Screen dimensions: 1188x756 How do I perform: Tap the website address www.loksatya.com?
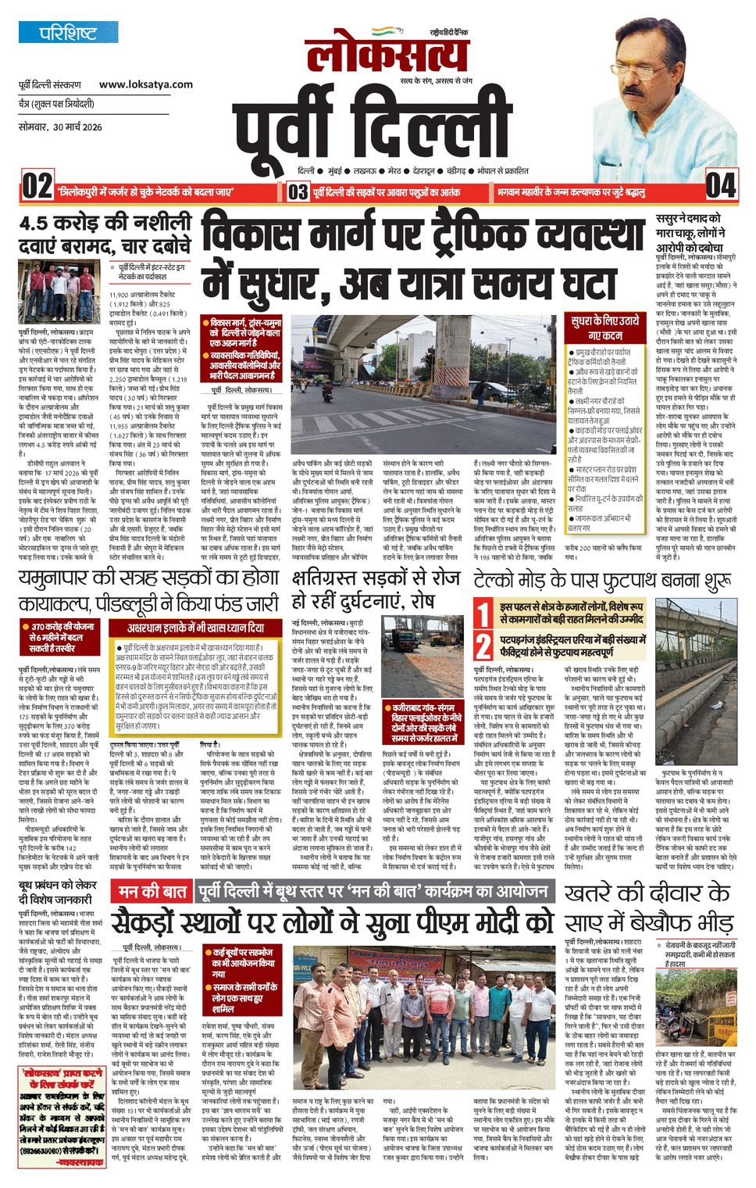[x=145, y=84]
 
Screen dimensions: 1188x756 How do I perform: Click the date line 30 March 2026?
[x=60, y=127]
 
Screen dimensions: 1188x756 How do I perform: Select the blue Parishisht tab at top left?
[x=69, y=33]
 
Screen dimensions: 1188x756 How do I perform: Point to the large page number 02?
[x=37, y=188]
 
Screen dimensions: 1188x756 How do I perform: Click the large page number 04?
[x=720, y=186]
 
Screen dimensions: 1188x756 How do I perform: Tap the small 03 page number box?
[x=298, y=191]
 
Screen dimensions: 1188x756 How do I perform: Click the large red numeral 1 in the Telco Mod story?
[x=484, y=614]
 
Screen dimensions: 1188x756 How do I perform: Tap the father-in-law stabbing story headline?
[x=691, y=232]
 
